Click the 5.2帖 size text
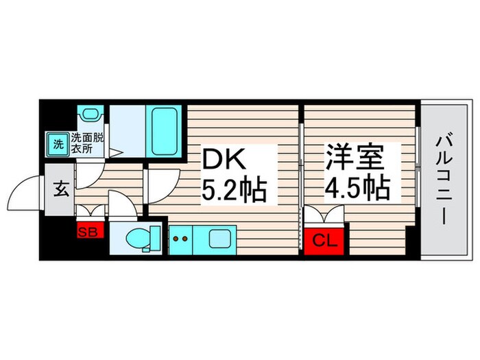pos(232,189)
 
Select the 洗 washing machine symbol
pos(58,143)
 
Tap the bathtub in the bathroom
pos(165,132)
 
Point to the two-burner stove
pos(181,240)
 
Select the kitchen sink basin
pos(221,240)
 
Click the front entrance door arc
pos(27,192)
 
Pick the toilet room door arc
pos(122,204)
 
